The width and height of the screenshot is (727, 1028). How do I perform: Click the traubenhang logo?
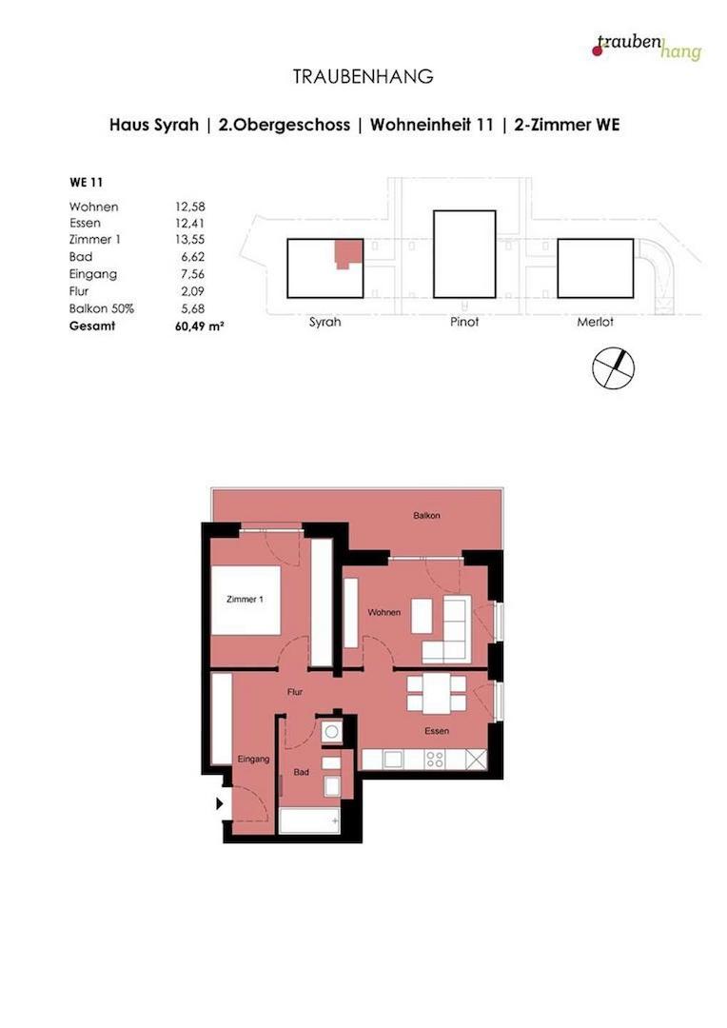[x=647, y=46]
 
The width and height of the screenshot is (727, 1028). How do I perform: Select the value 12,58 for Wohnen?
[x=190, y=207]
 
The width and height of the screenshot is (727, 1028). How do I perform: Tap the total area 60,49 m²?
[x=196, y=326]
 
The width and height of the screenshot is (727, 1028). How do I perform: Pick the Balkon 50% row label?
[x=101, y=308]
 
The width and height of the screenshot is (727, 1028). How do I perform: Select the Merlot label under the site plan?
[x=595, y=322]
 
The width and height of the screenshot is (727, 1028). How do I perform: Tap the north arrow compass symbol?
[x=613, y=368]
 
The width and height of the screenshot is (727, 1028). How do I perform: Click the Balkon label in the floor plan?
[x=426, y=515]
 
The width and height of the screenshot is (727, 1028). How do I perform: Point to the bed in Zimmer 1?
[x=246, y=600]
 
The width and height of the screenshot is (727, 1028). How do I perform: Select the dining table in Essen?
[x=436, y=692]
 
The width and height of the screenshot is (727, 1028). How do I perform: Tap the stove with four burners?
[x=435, y=759]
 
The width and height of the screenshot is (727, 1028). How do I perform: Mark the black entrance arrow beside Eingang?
[x=220, y=803]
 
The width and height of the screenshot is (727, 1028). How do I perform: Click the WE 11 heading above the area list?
[x=86, y=182]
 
